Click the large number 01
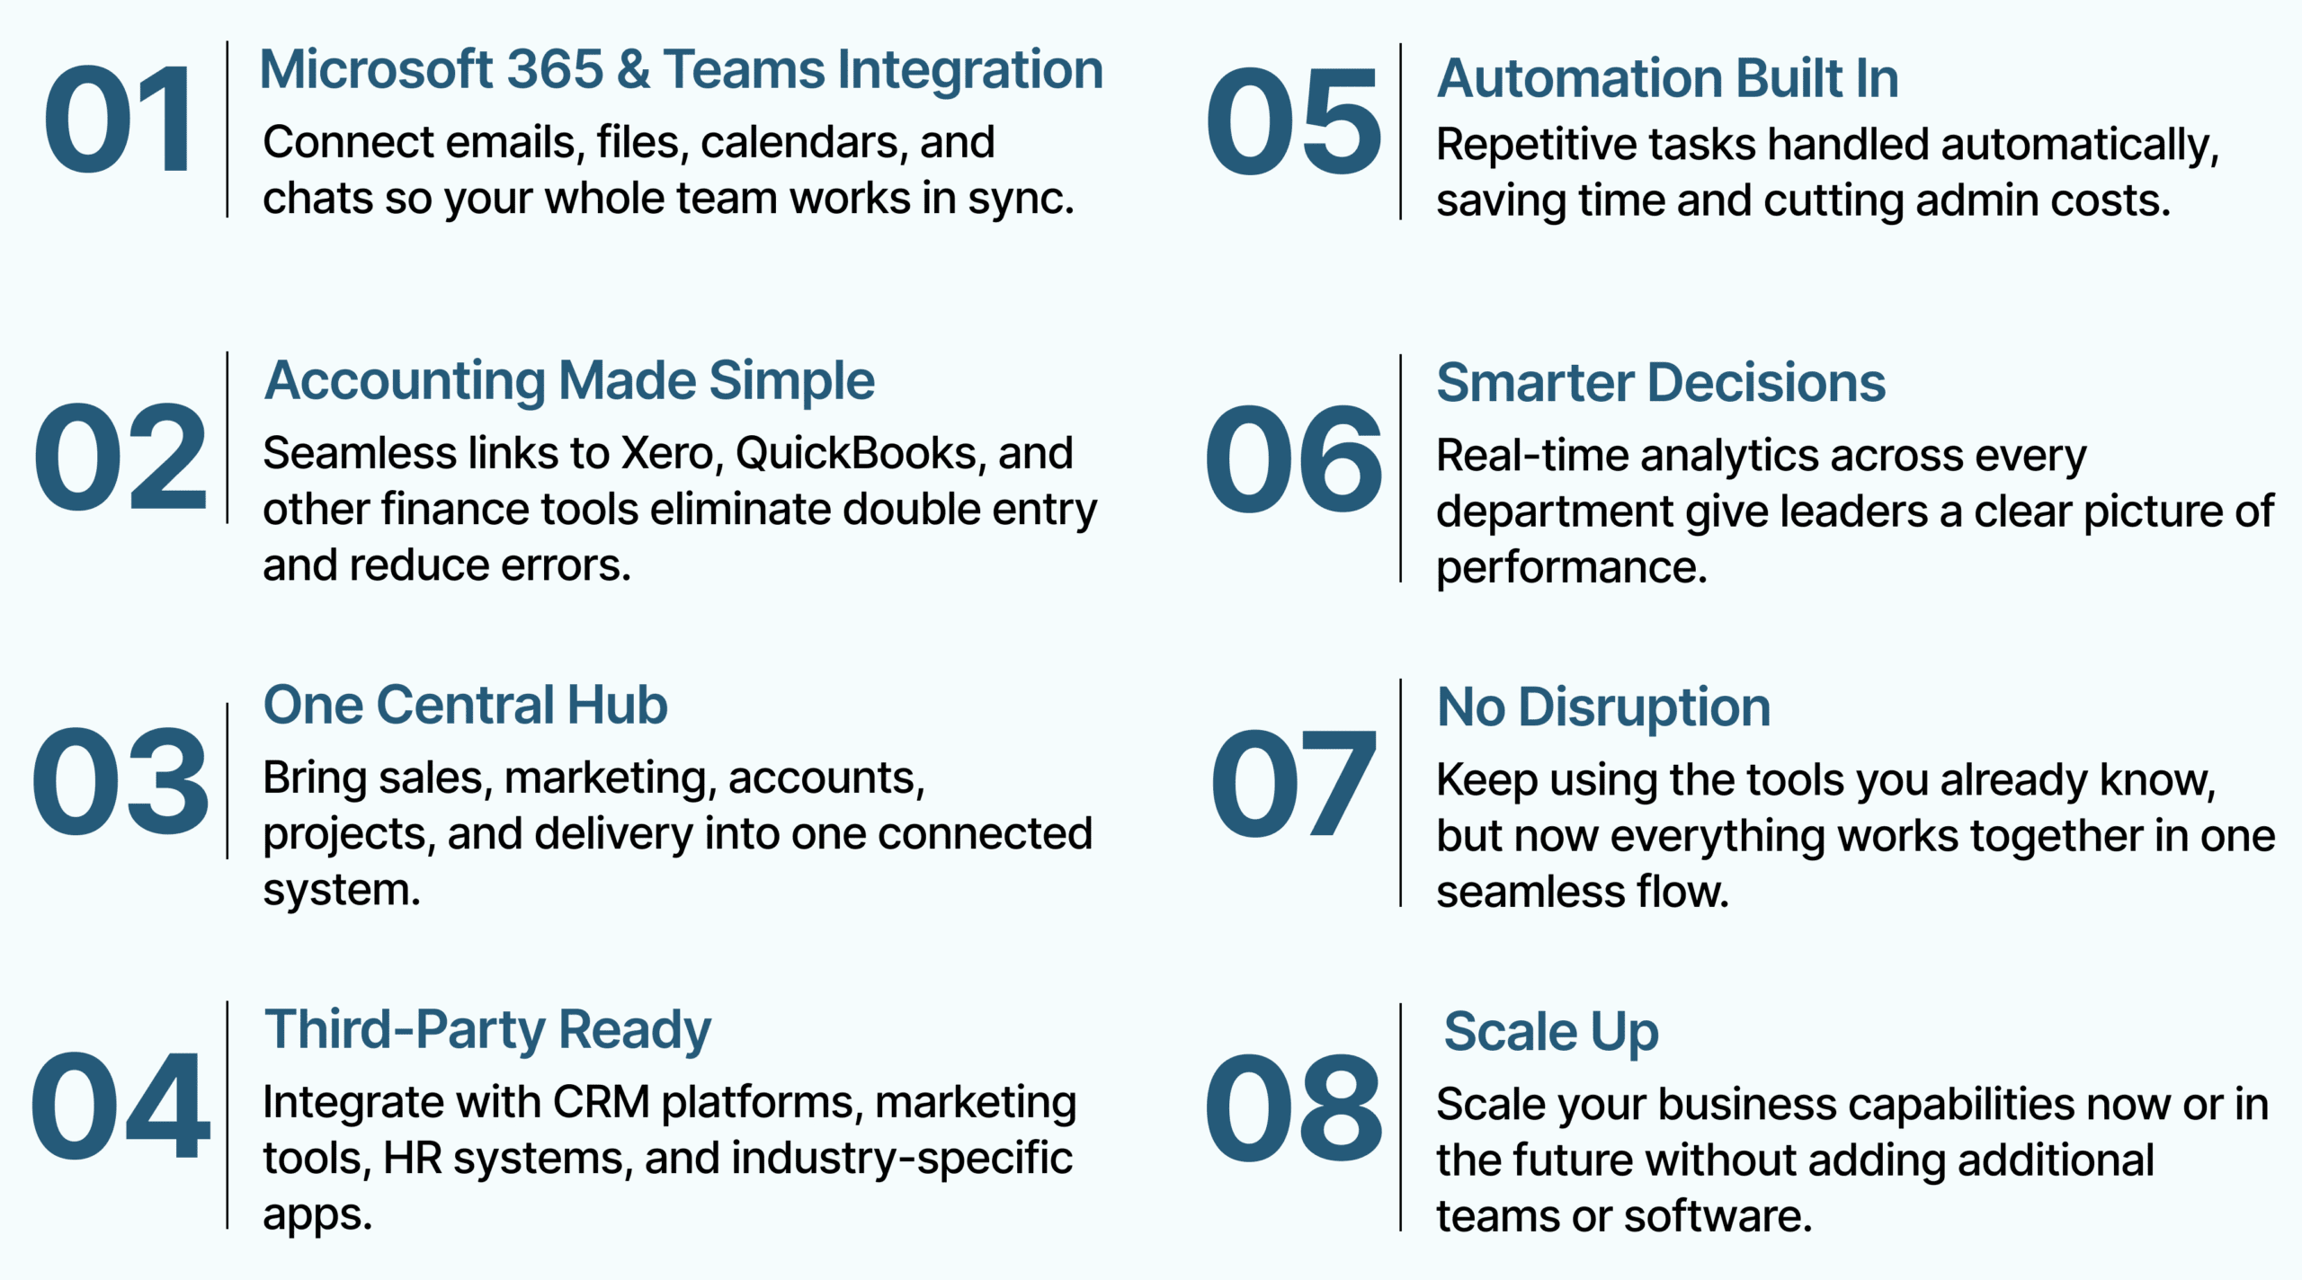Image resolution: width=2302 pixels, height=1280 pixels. (118, 120)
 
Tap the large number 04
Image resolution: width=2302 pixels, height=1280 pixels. (120, 1106)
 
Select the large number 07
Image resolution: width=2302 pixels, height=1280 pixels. (1293, 782)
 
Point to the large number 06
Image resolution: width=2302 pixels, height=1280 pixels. (1293, 458)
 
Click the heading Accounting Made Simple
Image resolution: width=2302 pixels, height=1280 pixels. (569, 381)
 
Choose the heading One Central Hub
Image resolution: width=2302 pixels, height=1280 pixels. (466, 705)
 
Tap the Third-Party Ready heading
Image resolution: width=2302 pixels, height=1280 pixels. (487, 1030)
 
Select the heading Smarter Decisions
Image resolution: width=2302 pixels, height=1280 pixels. (1661, 383)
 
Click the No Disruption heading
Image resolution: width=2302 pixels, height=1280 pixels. (1604, 708)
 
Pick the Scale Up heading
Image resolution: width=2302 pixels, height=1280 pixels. (1551, 1032)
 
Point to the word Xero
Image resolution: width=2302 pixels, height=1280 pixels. (673, 454)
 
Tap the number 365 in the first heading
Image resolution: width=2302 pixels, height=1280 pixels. (555, 70)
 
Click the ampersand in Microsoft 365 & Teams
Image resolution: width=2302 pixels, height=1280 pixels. (633, 70)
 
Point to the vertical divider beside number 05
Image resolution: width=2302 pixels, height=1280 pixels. (1400, 131)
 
